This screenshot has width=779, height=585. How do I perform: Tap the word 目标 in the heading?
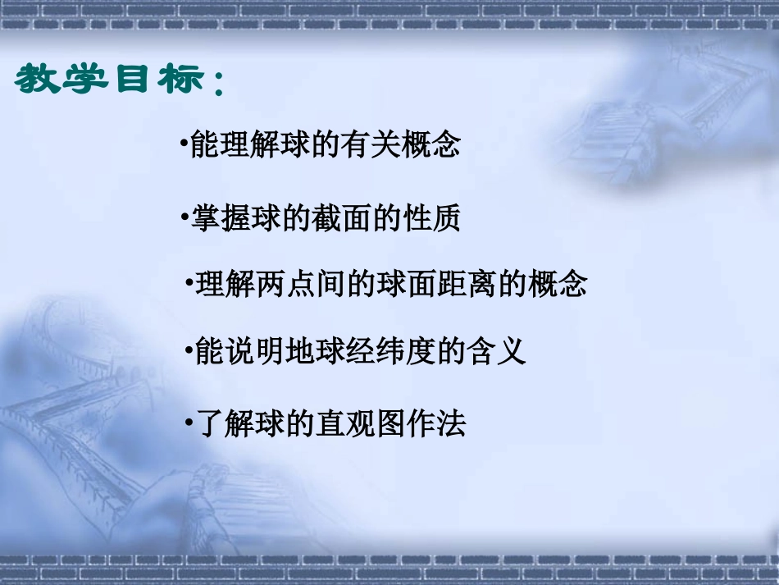click(157, 80)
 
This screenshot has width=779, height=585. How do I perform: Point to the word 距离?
click(467, 284)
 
